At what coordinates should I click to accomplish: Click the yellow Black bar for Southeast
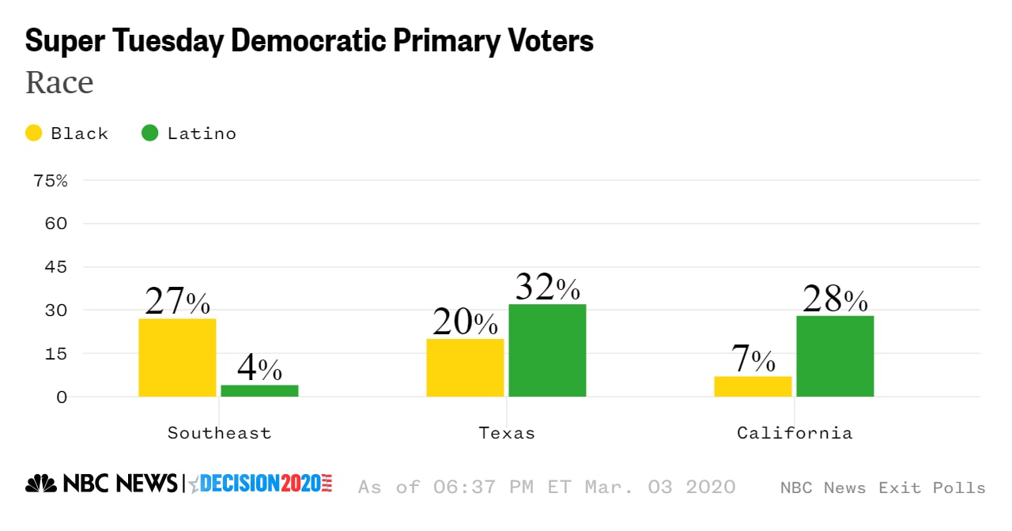(177, 357)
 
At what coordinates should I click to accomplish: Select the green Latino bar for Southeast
(259, 390)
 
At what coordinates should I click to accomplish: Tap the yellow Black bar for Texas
(465, 367)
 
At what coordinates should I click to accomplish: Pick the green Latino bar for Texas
(547, 350)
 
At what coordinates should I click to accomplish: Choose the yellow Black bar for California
(753, 386)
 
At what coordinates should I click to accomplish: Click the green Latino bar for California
(835, 356)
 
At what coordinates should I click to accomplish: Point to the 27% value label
(177, 302)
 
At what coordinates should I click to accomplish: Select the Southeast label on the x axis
(219, 433)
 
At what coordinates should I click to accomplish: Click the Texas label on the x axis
(507, 433)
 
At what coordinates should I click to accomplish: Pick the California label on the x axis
(795, 433)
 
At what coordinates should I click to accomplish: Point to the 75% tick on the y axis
(51, 180)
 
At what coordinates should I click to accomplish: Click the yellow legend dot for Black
(34, 133)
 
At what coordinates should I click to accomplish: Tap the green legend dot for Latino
(149, 133)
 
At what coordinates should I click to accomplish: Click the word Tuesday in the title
(162, 41)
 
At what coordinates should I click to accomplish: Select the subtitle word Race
(59, 82)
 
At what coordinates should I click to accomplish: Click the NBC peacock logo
(40, 483)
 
